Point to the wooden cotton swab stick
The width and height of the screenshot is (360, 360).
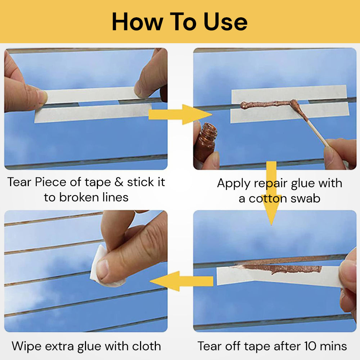[x=317, y=133]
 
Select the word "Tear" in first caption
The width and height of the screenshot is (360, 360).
[x=20, y=182]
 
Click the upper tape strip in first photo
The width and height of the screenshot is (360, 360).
[x=90, y=95]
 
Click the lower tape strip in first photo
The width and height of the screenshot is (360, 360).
[x=92, y=113]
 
